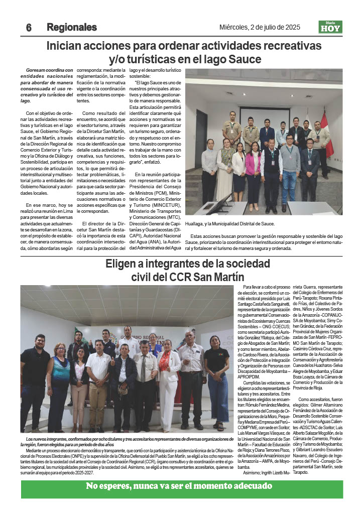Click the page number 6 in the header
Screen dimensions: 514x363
coord(29,28)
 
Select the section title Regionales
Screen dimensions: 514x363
coord(72,28)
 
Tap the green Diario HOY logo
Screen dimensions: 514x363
coord(330,27)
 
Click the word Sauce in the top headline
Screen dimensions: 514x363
coord(244,59)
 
